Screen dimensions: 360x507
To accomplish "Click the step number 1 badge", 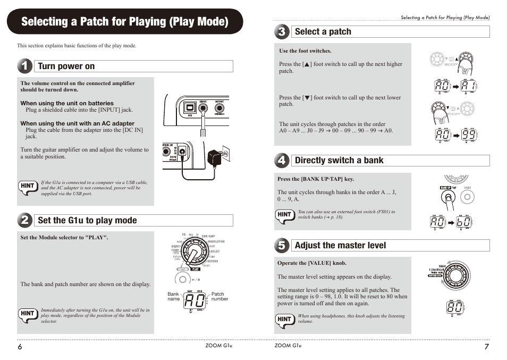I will tap(24, 66).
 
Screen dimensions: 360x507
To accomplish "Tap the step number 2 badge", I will tap(24, 220).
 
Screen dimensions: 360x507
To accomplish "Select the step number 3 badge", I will tap(282, 31).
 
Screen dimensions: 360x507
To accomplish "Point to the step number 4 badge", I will tap(282, 160).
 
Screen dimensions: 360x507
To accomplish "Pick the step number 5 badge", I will tap(282, 245).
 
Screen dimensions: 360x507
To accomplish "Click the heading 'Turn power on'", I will tap(66, 66).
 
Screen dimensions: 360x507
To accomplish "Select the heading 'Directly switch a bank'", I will tap(339, 160).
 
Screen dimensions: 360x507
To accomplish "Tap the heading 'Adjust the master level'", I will tap(340, 245).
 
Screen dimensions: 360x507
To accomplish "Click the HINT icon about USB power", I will tap(28, 186).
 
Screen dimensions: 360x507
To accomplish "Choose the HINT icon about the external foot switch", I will tap(285, 215).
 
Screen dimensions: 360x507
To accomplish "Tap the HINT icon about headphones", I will tap(285, 319).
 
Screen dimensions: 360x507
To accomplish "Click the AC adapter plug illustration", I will tap(216, 157).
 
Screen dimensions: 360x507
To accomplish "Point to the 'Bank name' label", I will tap(174, 297).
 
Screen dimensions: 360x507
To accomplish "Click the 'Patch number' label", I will tap(219, 297).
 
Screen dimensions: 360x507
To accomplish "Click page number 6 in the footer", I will tap(20, 346).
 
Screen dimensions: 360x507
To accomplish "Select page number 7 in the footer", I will tap(486, 346).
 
